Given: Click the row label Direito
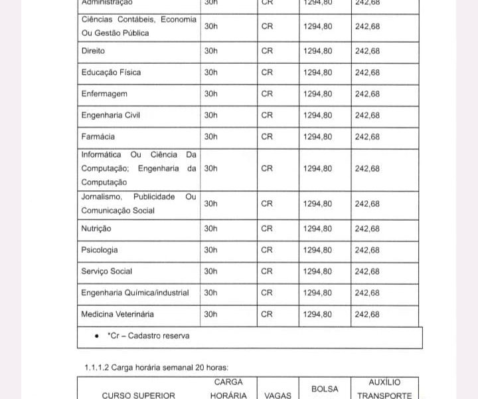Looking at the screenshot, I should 93,51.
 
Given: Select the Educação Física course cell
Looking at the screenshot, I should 111,72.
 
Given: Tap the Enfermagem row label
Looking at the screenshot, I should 104,94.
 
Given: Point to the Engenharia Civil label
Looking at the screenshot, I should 110,115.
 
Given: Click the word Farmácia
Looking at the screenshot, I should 98,137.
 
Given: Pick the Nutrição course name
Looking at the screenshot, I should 96,229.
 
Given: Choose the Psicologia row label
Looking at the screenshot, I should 100,250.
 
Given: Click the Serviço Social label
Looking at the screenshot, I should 106,271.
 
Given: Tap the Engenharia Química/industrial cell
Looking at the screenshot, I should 135,293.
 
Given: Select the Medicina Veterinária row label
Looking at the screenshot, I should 118,314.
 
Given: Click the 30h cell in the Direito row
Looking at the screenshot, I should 210,51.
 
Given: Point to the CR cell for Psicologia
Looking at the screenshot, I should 267,250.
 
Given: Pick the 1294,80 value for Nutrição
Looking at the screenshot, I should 317,229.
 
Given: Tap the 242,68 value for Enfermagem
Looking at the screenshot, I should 367,94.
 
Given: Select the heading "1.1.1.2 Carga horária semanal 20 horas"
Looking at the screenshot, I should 156,367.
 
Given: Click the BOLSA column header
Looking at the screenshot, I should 325,389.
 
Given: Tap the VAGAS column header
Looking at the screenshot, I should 278,395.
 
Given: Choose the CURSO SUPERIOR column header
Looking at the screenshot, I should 138,395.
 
